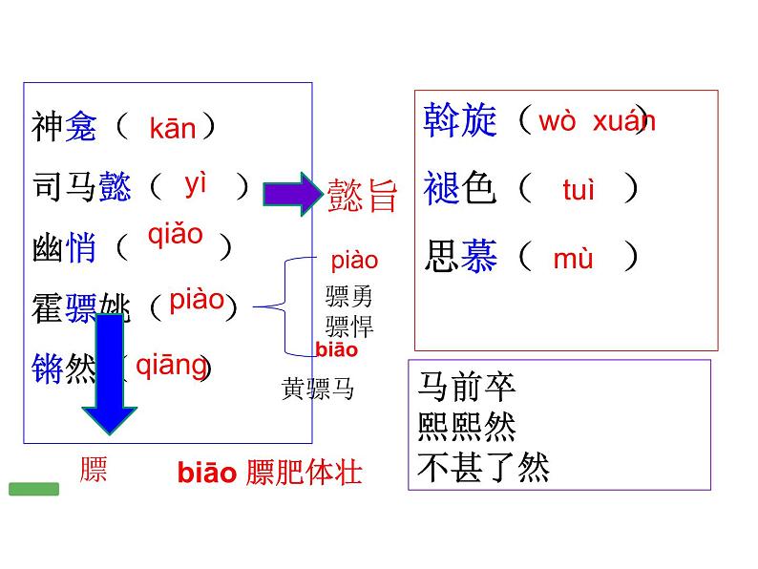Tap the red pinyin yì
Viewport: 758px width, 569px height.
coord(196,184)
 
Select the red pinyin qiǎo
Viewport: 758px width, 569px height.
coord(175,235)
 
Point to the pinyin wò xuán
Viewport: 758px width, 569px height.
coord(597,122)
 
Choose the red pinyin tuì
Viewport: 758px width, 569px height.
coord(579,191)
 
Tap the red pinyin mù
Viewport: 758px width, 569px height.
coord(573,258)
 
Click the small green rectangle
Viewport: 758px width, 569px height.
coord(33,489)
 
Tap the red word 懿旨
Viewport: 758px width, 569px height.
coord(362,194)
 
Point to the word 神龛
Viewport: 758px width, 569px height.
coord(64,127)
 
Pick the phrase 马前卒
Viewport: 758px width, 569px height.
coord(467,387)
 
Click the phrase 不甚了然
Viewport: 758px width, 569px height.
coord(484,468)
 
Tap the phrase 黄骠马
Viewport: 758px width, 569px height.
coord(318,388)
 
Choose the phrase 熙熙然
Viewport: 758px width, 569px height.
coord(467,427)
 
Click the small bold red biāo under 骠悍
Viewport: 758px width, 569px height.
coord(336,349)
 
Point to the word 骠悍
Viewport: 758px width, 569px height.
coord(349,325)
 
